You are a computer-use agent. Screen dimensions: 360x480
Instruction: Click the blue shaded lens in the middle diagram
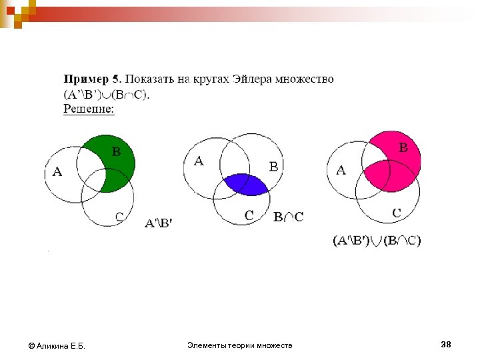245,184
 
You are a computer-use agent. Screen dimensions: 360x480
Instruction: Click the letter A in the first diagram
57,172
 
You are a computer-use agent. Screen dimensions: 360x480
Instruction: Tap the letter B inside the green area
116,151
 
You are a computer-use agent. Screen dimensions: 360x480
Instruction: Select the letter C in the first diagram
119,216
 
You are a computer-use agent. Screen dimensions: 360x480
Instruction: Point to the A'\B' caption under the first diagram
159,224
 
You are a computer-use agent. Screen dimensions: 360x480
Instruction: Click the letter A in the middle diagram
199,161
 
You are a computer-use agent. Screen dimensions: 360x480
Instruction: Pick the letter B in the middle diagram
273,167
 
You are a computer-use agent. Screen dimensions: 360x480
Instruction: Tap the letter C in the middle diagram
249,215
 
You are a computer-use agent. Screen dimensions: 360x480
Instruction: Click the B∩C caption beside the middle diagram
289,217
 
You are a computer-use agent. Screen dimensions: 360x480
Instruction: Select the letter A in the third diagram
341,170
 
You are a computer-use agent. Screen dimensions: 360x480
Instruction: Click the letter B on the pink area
403,148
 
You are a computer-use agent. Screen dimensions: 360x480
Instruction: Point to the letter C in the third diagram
396,213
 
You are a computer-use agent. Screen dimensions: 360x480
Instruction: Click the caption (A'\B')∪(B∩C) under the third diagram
377,241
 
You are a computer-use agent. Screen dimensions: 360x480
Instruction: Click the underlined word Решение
89,108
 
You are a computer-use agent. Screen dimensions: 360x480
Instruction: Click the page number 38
446,344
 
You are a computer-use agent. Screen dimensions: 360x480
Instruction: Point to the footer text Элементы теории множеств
239,345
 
